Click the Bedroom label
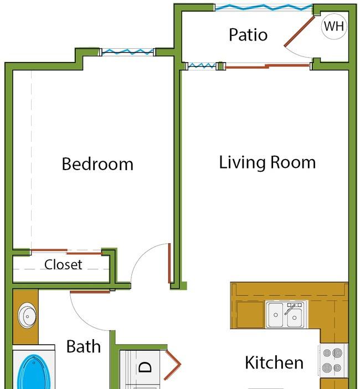tap(97, 163)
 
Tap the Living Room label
tap(268, 162)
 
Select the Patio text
tap(248, 34)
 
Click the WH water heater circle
tap(334, 26)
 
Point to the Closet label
tap(63, 264)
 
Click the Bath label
tap(84, 346)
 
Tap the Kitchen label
tap(274, 362)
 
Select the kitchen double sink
tap(286, 314)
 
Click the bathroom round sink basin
tap(27, 316)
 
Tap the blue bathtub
tap(34, 372)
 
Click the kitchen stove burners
tap(332, 360)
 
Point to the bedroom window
tap(127, 52)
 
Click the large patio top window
tap(264, 7)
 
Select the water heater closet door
tap(300, 32)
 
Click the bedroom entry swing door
tap(169, 263)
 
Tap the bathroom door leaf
tap(90, 292)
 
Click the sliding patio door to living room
tap(268, 66)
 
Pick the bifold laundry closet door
tap(173, 364)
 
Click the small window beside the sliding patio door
tap(202, 66)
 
